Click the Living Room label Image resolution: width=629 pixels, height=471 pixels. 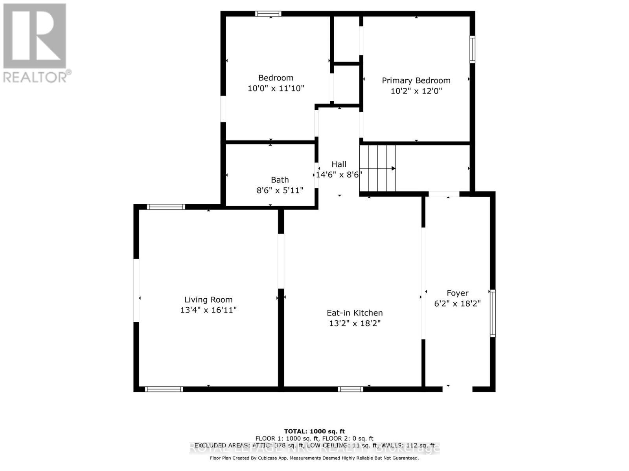point(208,299)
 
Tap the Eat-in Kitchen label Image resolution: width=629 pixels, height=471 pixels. point(355,313)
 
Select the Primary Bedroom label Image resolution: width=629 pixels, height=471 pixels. point(416,80)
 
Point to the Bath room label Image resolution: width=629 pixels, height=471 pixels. point(280,180)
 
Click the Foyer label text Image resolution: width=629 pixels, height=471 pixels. point(458,293)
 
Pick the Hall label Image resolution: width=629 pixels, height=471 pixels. point(339,164)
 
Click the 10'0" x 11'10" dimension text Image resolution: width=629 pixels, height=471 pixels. point(276,88)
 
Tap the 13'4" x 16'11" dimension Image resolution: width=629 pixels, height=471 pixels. point(208,310)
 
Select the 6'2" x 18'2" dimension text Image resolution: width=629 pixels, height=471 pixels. point(458,303)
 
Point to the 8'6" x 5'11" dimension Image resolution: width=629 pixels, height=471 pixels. point(280,190)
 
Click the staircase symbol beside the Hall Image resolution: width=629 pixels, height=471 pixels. point(377,168)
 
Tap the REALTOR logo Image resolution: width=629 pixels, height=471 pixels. point(35,43)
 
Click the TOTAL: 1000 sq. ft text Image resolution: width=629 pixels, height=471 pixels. point(314,431)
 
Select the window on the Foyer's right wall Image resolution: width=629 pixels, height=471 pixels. point(493,313)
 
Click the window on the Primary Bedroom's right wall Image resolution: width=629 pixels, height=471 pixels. point(473,49)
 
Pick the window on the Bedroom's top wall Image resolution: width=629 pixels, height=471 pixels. point(268,14)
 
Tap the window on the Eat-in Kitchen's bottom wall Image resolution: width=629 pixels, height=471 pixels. point(350,389)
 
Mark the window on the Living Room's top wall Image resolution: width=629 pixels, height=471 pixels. point(166,207)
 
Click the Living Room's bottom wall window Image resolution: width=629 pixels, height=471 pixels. point(164,389)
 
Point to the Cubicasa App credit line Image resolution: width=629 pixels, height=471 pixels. point(314,458)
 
